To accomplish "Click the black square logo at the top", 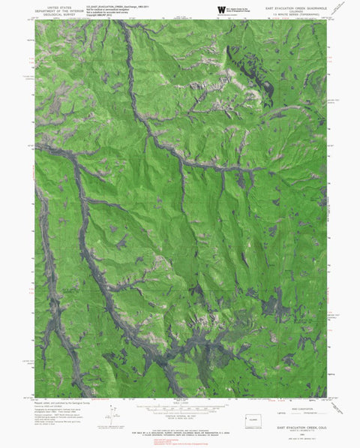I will (x=220, y=9).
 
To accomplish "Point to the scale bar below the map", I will (x=180, y=406).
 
